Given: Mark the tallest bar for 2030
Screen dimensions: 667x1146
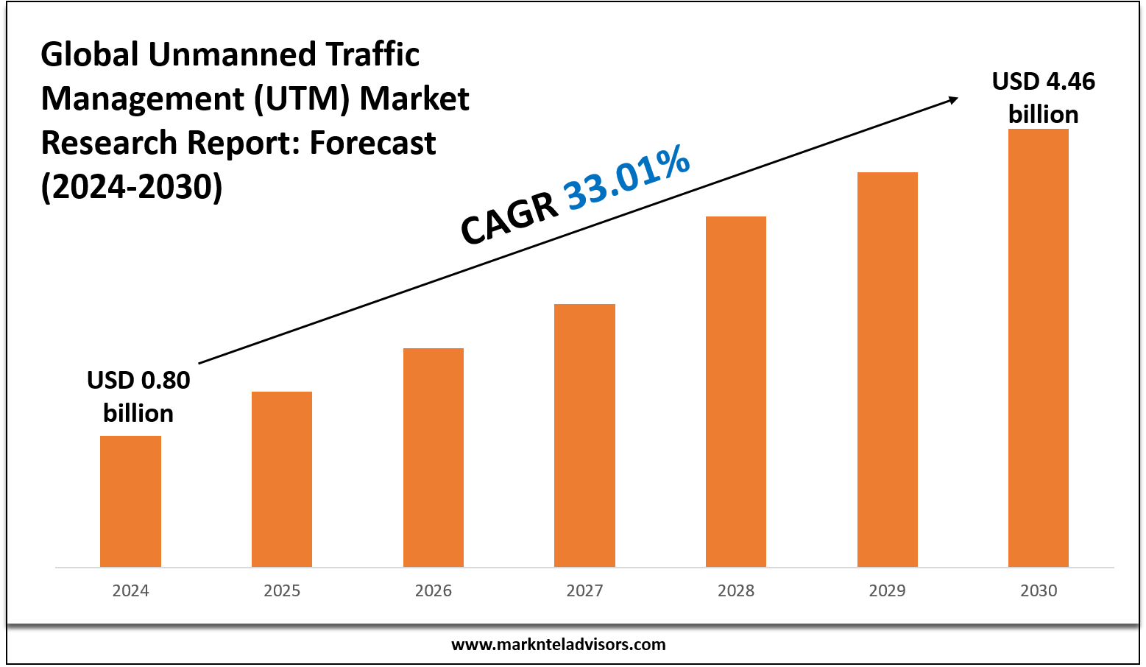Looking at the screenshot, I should [x=1039, y=347].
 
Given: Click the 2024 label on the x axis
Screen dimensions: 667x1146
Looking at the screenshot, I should [x=130, y=590].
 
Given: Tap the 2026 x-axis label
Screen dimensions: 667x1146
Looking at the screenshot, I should [x=434, y=590].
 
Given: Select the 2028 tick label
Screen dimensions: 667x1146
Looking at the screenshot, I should [x=736, y=590].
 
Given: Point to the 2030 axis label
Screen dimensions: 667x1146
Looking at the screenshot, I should [x=1039, y=590].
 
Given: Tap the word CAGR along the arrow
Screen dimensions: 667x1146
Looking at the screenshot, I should [x=509, y=219].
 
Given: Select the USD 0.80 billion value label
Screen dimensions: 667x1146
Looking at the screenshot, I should [x=138, y=396].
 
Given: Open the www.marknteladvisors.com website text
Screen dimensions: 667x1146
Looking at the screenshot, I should [x=558, y=645].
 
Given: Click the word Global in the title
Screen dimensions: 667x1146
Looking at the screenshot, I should [x=90, y=54].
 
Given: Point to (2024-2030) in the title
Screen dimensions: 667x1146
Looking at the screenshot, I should [x=132, y=187].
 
